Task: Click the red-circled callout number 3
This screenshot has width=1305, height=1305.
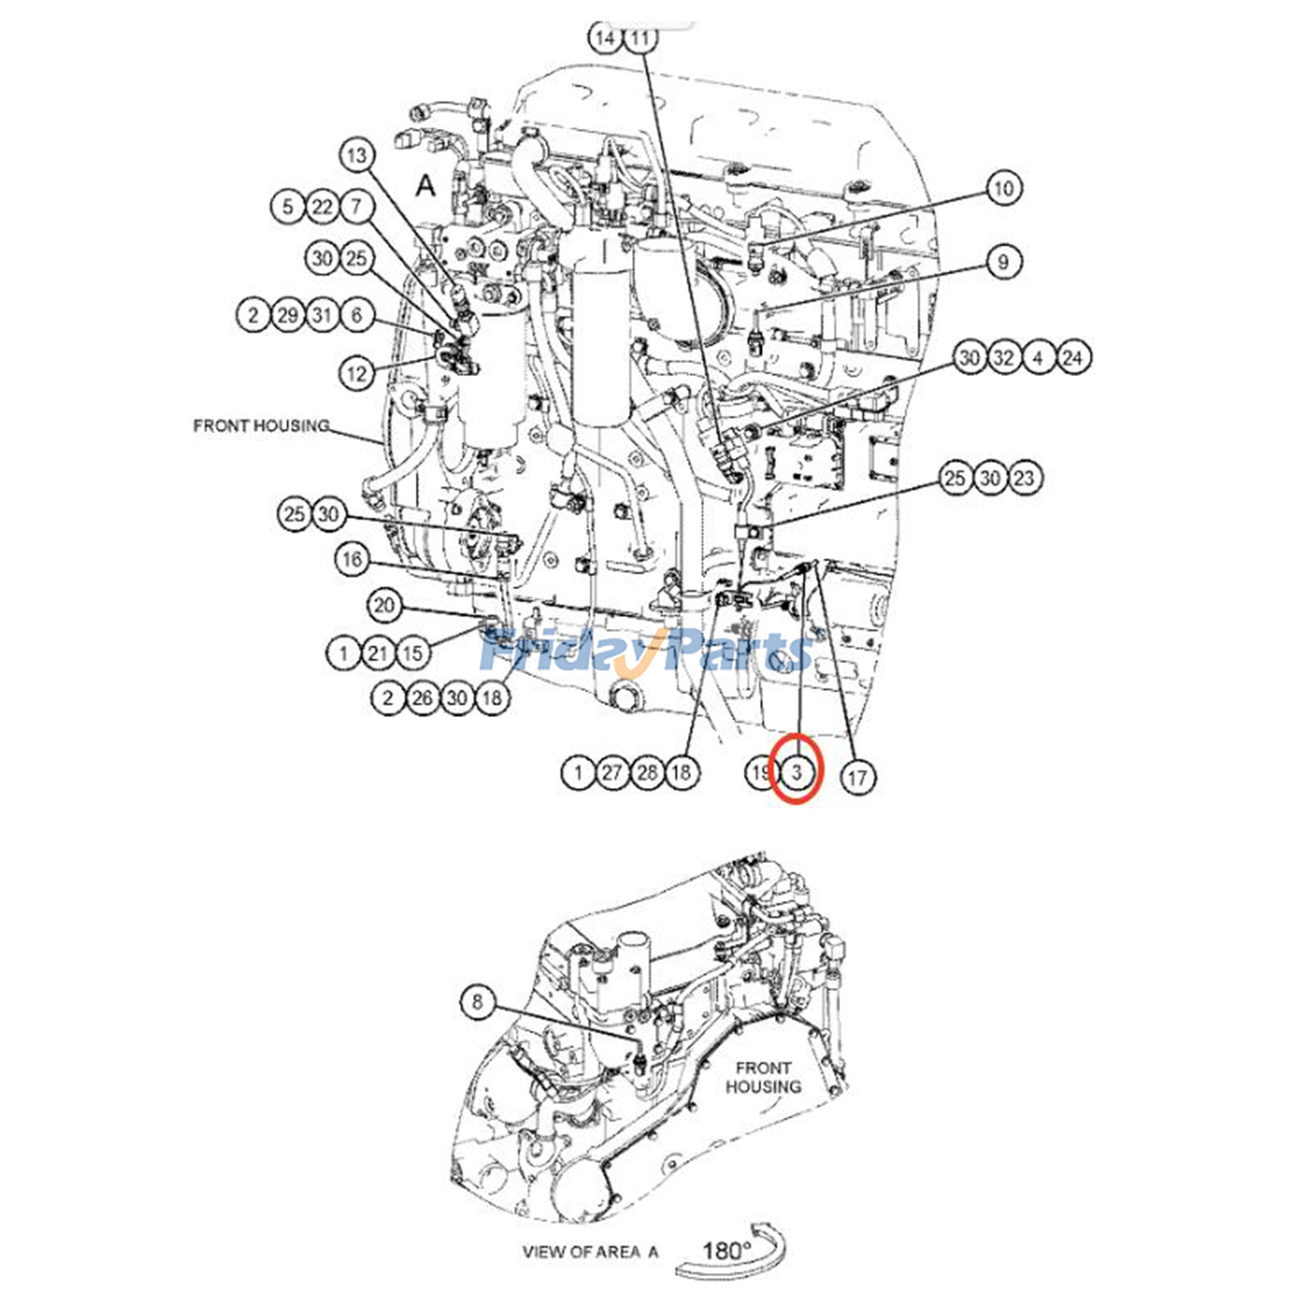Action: [798, 771]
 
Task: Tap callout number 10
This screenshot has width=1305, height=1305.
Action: [1003, 188]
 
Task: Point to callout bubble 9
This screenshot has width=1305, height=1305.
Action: [1003, 262]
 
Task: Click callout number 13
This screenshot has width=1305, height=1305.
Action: [356, 156]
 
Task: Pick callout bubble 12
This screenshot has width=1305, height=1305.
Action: [356, 374]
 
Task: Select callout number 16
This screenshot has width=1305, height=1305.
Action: [352, 560]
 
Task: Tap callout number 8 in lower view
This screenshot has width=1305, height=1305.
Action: [478, 1002]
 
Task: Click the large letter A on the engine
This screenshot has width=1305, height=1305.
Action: [426, 186]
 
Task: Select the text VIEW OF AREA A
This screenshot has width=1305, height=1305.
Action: [590, 1251]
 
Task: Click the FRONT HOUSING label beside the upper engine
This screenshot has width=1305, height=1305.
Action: [261, 426]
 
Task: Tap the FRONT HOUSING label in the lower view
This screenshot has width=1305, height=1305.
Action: [763, 1077]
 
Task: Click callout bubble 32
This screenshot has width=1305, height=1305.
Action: [1003, 357]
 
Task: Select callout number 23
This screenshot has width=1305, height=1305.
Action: [1024, 478]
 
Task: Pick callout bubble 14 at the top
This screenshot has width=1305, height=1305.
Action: [605, 38]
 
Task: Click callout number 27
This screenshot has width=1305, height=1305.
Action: [613, 772]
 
